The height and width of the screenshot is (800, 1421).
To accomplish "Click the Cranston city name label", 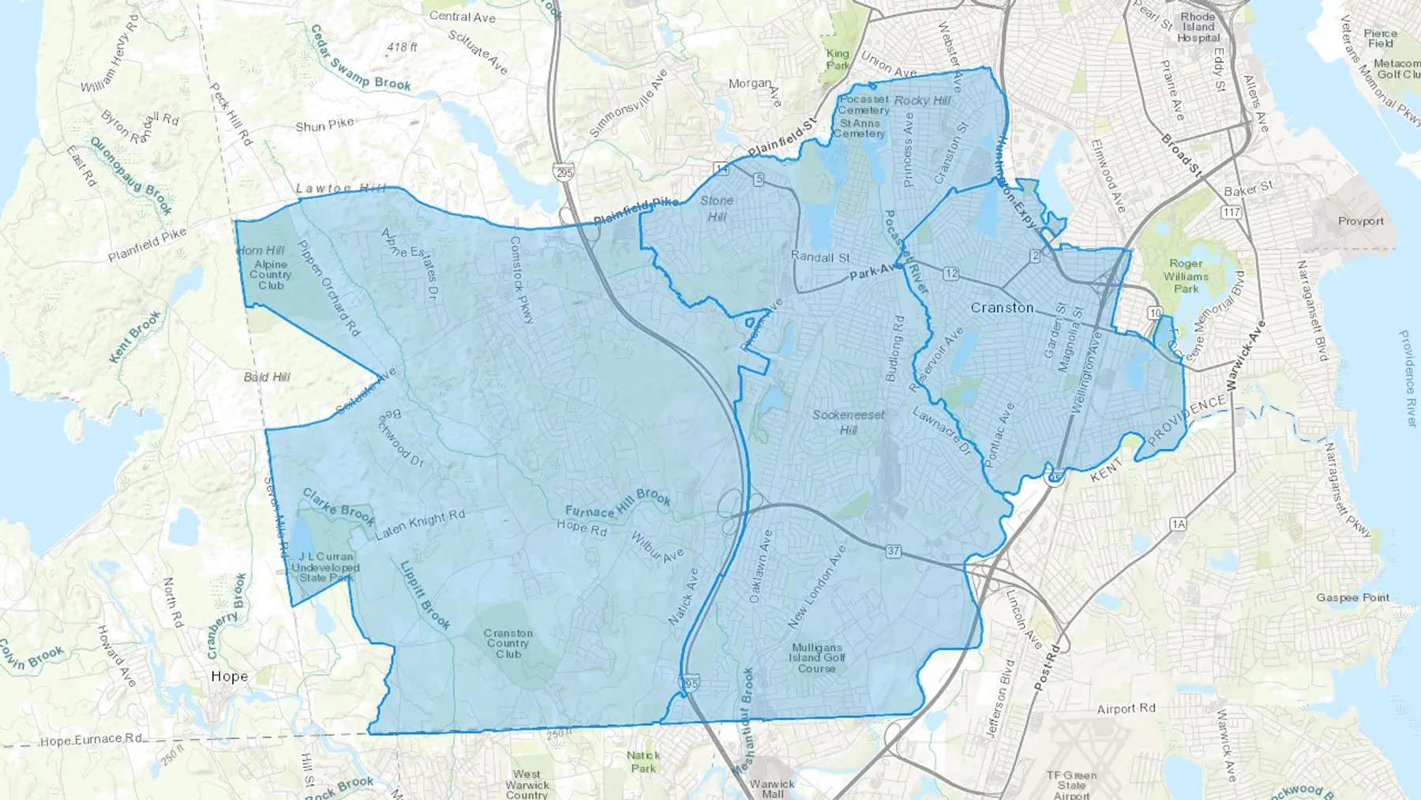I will [1002, 307].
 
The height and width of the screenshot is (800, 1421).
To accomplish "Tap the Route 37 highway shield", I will [893, 551].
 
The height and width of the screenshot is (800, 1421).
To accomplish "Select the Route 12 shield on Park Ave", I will [950, 273].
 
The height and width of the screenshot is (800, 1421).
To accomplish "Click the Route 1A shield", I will [1179, 524].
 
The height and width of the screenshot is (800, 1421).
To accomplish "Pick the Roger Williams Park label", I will [1186, 276].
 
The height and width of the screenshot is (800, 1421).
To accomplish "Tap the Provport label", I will [1360, 221].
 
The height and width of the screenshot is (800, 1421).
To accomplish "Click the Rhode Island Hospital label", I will [1198, 27].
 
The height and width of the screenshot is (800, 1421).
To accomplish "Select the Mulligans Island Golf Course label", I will [817, 657].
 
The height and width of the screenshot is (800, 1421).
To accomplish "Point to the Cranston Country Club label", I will [508, 643].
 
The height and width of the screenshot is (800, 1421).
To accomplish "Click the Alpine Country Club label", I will [271, 275].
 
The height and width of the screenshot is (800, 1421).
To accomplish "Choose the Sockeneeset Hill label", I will [849, 422].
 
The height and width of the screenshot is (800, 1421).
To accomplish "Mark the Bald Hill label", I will [267, 377].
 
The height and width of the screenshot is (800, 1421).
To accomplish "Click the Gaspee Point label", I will [1353, 597].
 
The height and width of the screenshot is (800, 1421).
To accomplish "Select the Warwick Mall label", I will [772, 788].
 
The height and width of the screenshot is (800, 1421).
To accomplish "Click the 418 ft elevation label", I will [402, 47].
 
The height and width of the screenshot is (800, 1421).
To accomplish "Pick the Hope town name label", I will [229, 676].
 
